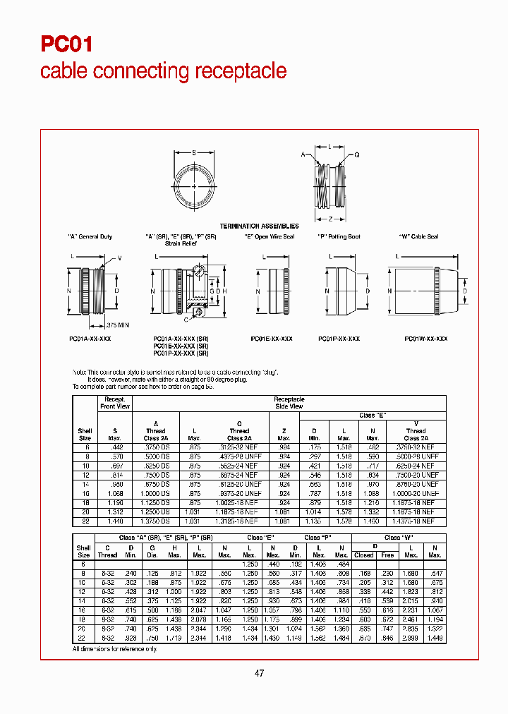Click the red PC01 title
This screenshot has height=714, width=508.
pos(66,44)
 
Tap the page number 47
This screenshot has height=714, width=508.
pos(259,673)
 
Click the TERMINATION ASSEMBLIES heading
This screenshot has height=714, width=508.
pos(260,226)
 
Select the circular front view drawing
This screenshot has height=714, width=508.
pos(194,186)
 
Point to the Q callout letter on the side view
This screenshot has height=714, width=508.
pos(357,155)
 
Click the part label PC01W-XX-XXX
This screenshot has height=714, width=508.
pos(425,339)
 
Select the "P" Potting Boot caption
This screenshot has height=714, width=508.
pos(339,237)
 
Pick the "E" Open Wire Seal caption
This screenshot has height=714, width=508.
pos(269,237)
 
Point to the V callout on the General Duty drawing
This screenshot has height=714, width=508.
pos(119,258)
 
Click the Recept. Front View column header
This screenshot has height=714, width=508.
pos(114,402)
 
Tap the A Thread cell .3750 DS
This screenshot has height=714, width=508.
pos(156,447)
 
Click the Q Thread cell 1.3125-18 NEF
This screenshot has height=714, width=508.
pos(239,521)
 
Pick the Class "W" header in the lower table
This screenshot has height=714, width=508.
pos(399,538)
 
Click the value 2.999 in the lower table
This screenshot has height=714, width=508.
pos(411,638)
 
